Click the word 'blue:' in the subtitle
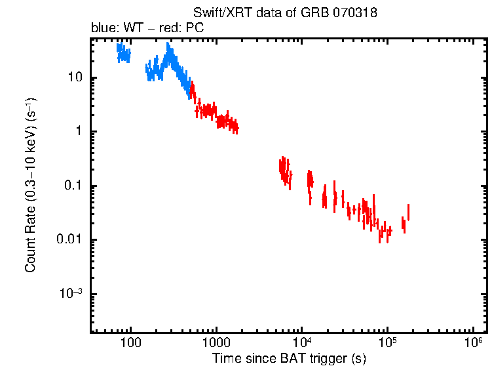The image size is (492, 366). pyautogui.click(x=104, y=29)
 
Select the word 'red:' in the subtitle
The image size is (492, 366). pyautogui.click(x=174, y=29)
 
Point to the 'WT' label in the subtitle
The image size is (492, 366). pyautogui.click(x=138, y=29)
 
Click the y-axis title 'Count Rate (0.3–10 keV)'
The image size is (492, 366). pyautogui.click(x=30, y=185)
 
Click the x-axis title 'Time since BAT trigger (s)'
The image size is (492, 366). pyautogui.click(x=289, y=358)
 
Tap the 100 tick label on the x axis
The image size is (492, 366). pyautogui.click(x=131, y=343)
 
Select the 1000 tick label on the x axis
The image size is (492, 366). pyautogui.click(x=216, y=343)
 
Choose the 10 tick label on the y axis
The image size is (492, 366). pyautogui.click(x=74, y=77)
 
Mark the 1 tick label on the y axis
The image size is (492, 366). pyautogui.click(x=78, y=131)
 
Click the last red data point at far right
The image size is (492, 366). pyautogui.click(x=408, y=213)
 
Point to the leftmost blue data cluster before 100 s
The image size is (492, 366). pyautogui.click(x=123, y=52)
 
